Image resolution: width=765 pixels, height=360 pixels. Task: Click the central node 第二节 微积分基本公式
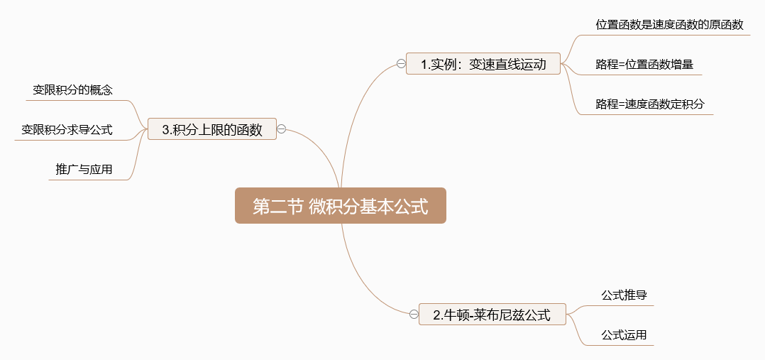[341, 206]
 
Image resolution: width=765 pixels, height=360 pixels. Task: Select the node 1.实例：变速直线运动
[483, 64]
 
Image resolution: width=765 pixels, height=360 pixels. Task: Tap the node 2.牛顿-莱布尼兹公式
[492, 315]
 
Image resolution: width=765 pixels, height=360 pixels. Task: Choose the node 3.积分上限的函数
[212, 129]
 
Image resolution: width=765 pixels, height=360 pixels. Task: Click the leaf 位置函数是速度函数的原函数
[669, 25]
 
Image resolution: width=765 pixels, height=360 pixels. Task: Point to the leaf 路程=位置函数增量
[644, 65]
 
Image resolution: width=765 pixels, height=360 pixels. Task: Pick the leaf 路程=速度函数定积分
[650, 104]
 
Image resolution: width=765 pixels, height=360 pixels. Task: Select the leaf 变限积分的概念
[73, 90]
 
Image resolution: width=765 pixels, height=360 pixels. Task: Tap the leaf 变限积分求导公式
[67, 130]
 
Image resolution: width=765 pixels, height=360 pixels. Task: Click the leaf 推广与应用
[84, 170]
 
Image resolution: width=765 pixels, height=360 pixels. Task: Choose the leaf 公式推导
[624, 295]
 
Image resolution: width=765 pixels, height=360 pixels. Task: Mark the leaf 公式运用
[624, 334]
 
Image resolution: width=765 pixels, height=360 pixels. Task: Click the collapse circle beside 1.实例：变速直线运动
[401, 64]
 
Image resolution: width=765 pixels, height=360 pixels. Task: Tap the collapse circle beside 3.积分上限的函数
[282, 129]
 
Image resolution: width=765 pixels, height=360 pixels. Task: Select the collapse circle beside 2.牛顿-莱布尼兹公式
[414, 315]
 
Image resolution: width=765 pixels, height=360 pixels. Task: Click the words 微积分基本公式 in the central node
[368, 206]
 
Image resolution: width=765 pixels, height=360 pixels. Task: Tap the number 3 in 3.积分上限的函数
[166, 130]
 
